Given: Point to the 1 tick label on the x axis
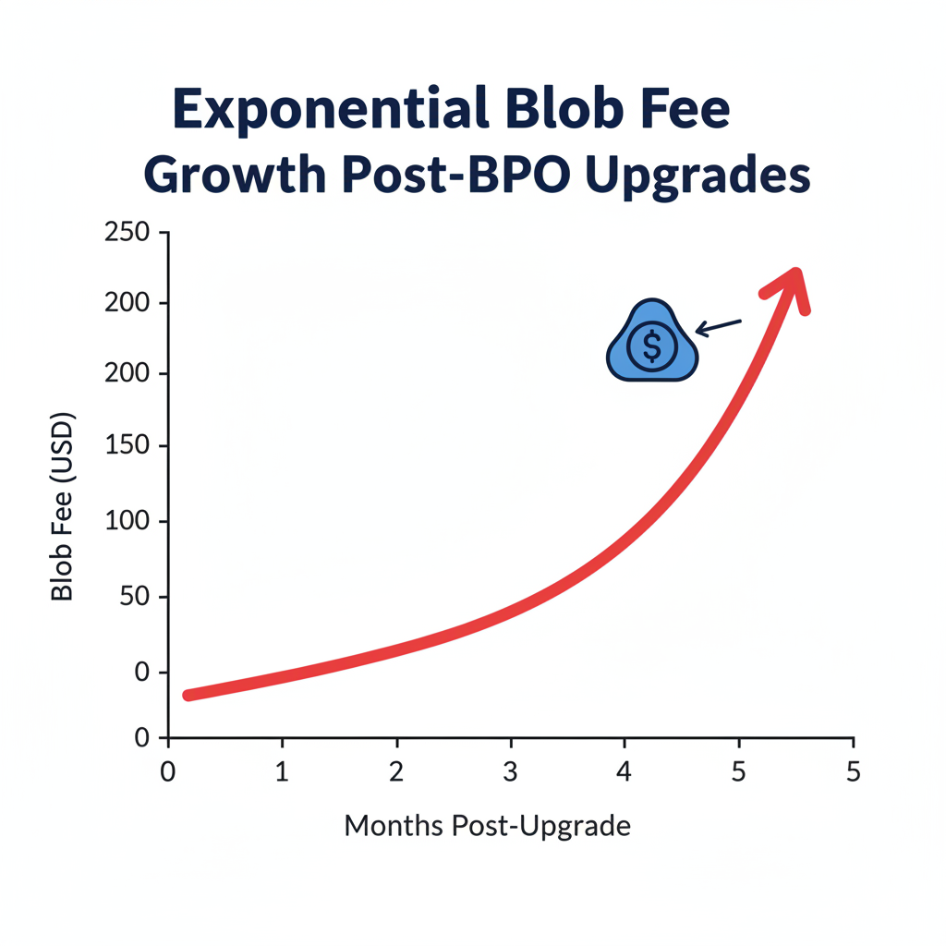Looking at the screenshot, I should coord(282,771).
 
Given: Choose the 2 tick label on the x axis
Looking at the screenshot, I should coord(396,771).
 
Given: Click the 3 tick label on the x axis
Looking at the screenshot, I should coord(510,771).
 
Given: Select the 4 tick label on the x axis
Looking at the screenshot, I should coord(625,771).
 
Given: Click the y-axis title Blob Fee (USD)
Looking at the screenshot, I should coord(63,506).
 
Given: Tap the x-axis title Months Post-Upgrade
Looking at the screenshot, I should coord(487,825).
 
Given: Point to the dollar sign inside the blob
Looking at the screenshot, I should coord(652,346).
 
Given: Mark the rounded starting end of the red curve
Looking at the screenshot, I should coord(189,695).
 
